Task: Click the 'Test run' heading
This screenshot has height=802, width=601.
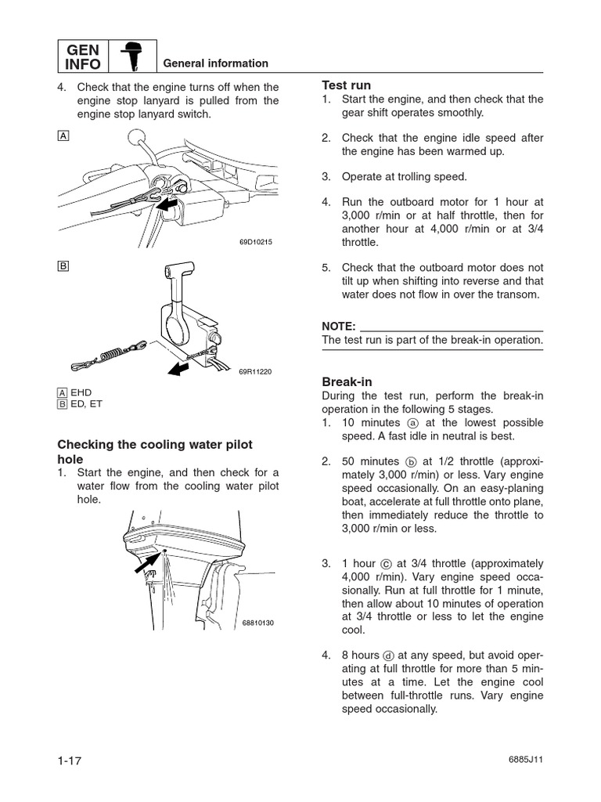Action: pyautogui.click(x=346, y=85)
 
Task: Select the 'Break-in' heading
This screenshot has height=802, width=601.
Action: pyautogui.click(x=347, y=381)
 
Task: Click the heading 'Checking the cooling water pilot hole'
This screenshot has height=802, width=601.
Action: pyautogui.click(x=155, y=451)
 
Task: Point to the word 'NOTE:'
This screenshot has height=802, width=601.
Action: pyautogui.click(x=339, y=325)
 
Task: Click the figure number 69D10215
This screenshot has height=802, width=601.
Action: pyautogui.click(x=255, y=242)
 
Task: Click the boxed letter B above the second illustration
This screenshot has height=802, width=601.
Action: pyautogui.click(x=63, y=266)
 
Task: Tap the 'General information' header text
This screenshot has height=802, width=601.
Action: pyautogui.click(x=214, y=63)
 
